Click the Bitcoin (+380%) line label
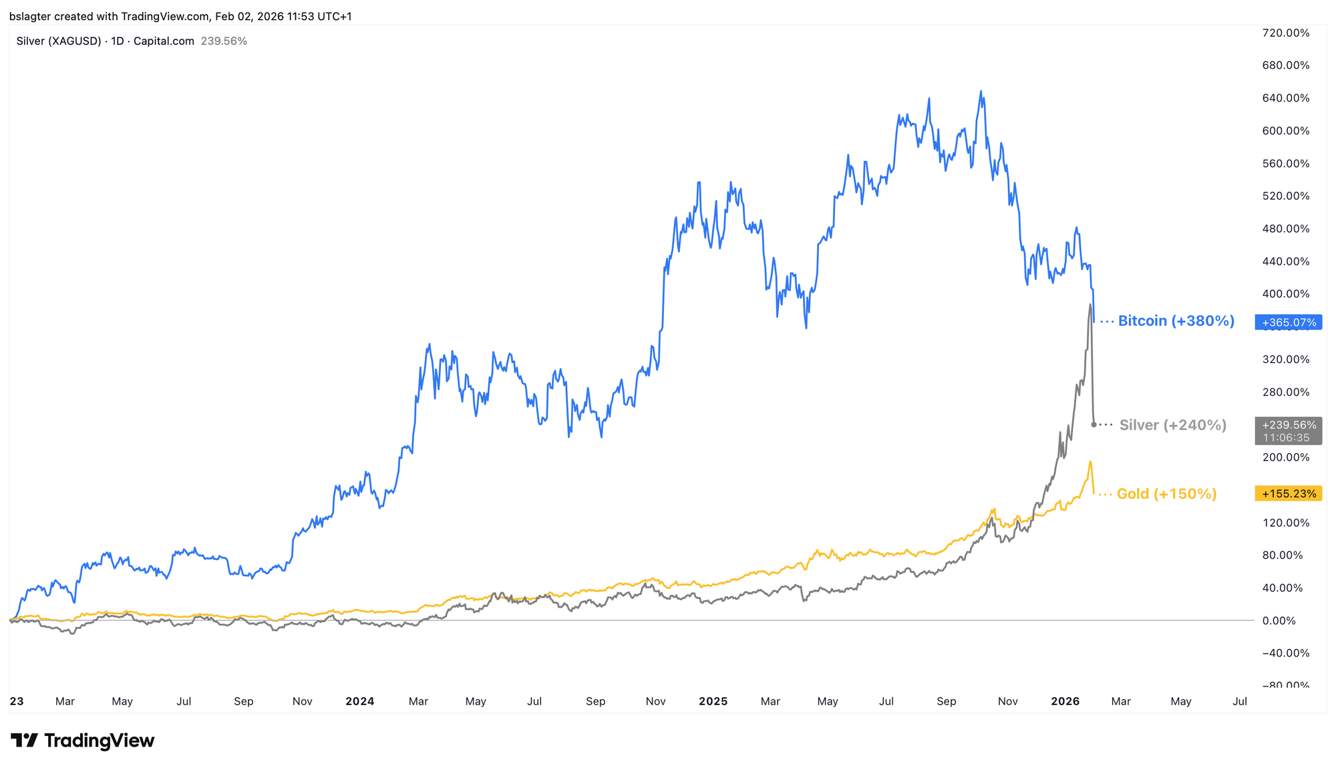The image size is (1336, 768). point(1176,322)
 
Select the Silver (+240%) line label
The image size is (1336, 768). point(1172,425)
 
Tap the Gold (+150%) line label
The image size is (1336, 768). point(1166,494)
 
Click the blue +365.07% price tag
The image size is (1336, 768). point(1288,322)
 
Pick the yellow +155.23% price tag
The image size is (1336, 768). point(1289,494)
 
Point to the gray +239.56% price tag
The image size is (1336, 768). point(1288,425)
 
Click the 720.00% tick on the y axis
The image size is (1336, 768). point(1286,33)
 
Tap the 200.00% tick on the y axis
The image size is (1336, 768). point(1286,458)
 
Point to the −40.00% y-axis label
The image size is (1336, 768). point(1285,653)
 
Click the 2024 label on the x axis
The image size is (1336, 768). point(360,701)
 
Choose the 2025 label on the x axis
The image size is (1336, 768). point(713,701)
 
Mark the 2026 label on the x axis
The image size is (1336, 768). point(1065,701)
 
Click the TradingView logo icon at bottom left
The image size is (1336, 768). point(25,741)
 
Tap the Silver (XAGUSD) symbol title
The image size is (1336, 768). point(59,41)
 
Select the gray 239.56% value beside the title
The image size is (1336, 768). point(224,41)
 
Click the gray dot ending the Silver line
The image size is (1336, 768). point(1094,424)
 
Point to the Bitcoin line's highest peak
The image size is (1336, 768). point(981,92)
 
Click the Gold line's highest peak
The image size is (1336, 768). point(1090,462)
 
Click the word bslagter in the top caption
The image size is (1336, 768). point(30,16)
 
